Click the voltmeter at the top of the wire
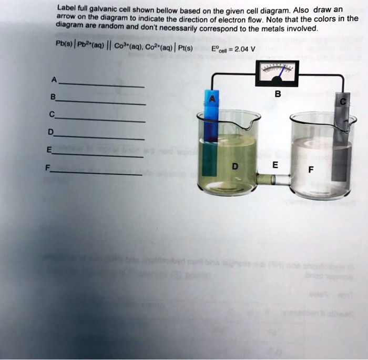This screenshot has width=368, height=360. point(277,74)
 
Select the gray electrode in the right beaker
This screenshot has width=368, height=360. point(342,142)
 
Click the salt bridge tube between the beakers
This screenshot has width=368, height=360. point(273,181)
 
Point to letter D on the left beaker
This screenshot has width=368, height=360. point(234,167)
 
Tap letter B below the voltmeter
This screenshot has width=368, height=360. point(278,95)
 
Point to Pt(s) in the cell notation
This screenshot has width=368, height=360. point(185,49)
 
